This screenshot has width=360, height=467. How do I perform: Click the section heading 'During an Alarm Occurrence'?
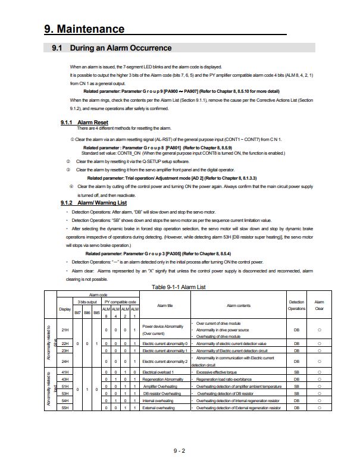click(x=121, y=48)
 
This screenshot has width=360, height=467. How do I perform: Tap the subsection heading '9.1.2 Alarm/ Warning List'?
click(x=93, y=202)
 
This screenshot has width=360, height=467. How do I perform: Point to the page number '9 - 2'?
click(x=180, y=452)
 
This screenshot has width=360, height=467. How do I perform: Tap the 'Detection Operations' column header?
click(x=296, y=306)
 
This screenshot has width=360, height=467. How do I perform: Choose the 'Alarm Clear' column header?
click(x=319, y=306)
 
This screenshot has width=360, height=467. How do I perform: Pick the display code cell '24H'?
click(x=65, y=361)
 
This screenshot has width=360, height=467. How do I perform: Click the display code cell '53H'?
click(x=65, y=393)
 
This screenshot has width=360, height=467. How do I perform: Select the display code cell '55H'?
click(x=65, y=408)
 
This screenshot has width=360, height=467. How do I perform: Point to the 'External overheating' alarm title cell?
click(x=158, y=408)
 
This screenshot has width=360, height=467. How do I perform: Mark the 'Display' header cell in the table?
click(x=65, y=308)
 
